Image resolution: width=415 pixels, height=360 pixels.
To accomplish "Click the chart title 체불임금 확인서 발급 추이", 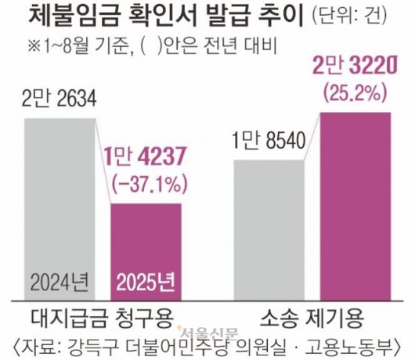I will (153, 16).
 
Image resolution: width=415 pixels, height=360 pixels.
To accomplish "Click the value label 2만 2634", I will (60, 99).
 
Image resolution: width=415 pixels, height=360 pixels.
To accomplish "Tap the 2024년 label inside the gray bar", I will (61, 279).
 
